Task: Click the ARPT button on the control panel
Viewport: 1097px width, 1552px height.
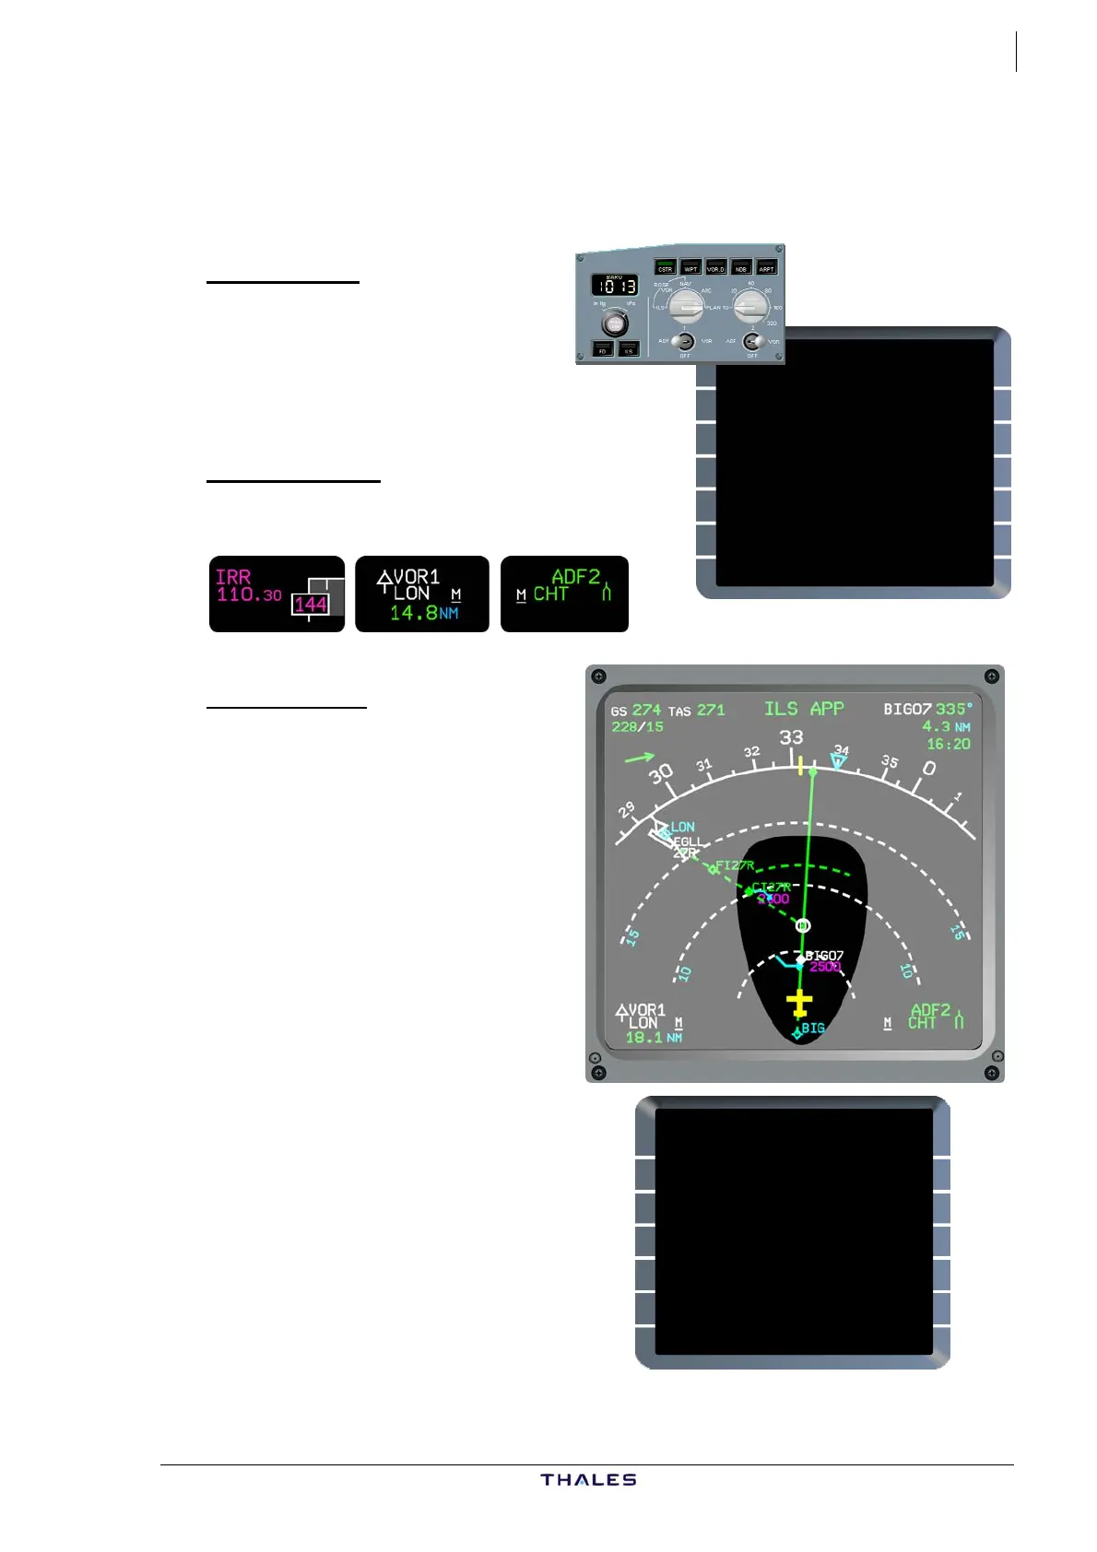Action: pos(766,267)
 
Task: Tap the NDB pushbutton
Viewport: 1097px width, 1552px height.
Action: pos(741,267)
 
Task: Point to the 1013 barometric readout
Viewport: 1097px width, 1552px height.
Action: pos(615,286)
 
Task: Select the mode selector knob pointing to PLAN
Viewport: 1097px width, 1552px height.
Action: pos(685,305)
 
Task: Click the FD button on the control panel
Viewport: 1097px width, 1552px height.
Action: pos(603,349)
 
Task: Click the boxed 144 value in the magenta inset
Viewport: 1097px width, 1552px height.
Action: pos(311,605)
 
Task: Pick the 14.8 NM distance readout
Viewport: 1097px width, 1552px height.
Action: pos(423,614)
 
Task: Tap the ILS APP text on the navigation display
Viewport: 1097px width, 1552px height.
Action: pos(804,709)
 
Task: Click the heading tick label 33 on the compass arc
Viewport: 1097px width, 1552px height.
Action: pos(791,738)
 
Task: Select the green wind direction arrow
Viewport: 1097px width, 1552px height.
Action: pos(639,758)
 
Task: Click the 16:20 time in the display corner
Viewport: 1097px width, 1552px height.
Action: pos(948,744)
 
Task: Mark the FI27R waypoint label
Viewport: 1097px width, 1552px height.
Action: pos(735,865)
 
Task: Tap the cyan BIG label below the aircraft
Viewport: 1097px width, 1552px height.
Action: pos(812,1028)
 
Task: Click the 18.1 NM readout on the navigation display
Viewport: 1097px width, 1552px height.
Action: pos(653,1038)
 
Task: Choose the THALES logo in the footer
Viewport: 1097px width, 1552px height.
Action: pos(588,1480)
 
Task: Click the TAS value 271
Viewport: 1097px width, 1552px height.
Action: pos(711,711)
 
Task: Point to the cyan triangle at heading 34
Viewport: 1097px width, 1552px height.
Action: pos(838,761)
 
